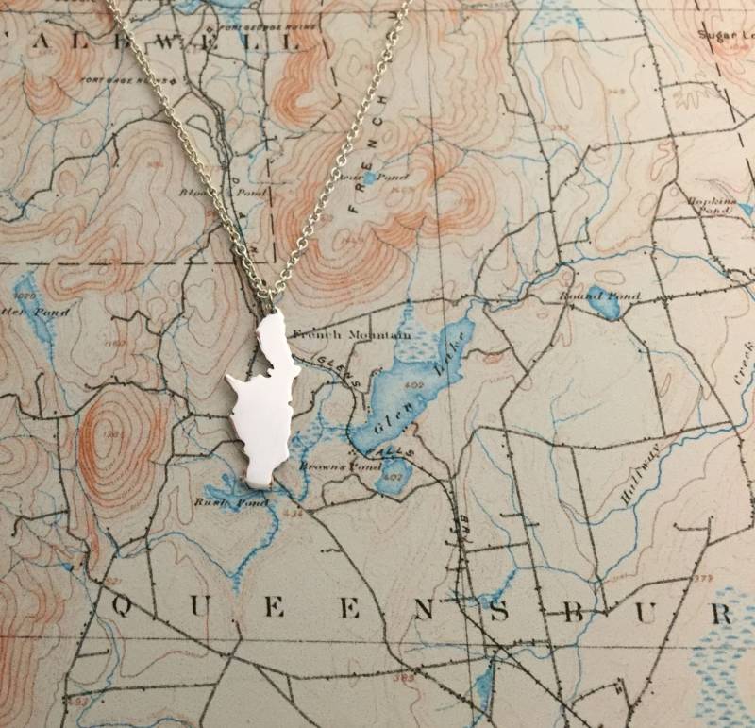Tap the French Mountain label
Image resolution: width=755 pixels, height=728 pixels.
(351, 334)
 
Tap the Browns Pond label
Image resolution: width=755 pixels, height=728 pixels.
(325, 466)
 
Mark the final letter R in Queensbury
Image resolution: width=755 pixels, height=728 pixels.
(721, 613)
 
